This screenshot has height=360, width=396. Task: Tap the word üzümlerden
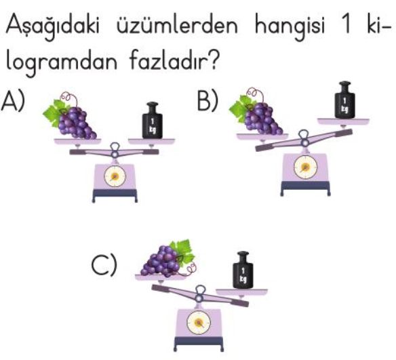[x=177, y=24]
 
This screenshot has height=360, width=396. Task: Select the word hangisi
[x=290, y=26]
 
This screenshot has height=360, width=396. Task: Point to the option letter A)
[x=13, y=101]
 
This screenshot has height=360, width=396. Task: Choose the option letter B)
[x=207, y=100]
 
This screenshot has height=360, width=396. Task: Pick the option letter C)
[x=104, y=264]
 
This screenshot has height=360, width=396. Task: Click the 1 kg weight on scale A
[x=152, y=121]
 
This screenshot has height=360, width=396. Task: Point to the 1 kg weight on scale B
[x=344, y=100]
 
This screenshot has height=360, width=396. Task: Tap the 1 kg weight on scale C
[x=243, y=270]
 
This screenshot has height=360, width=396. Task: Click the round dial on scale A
[x=115, y=176]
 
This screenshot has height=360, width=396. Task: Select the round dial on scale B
[x=305, y=167]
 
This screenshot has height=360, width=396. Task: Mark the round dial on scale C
[x=199, y=323]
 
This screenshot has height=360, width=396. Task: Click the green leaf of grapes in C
[x=184, y=252]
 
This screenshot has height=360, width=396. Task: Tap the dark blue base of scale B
[x=305, y=188]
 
